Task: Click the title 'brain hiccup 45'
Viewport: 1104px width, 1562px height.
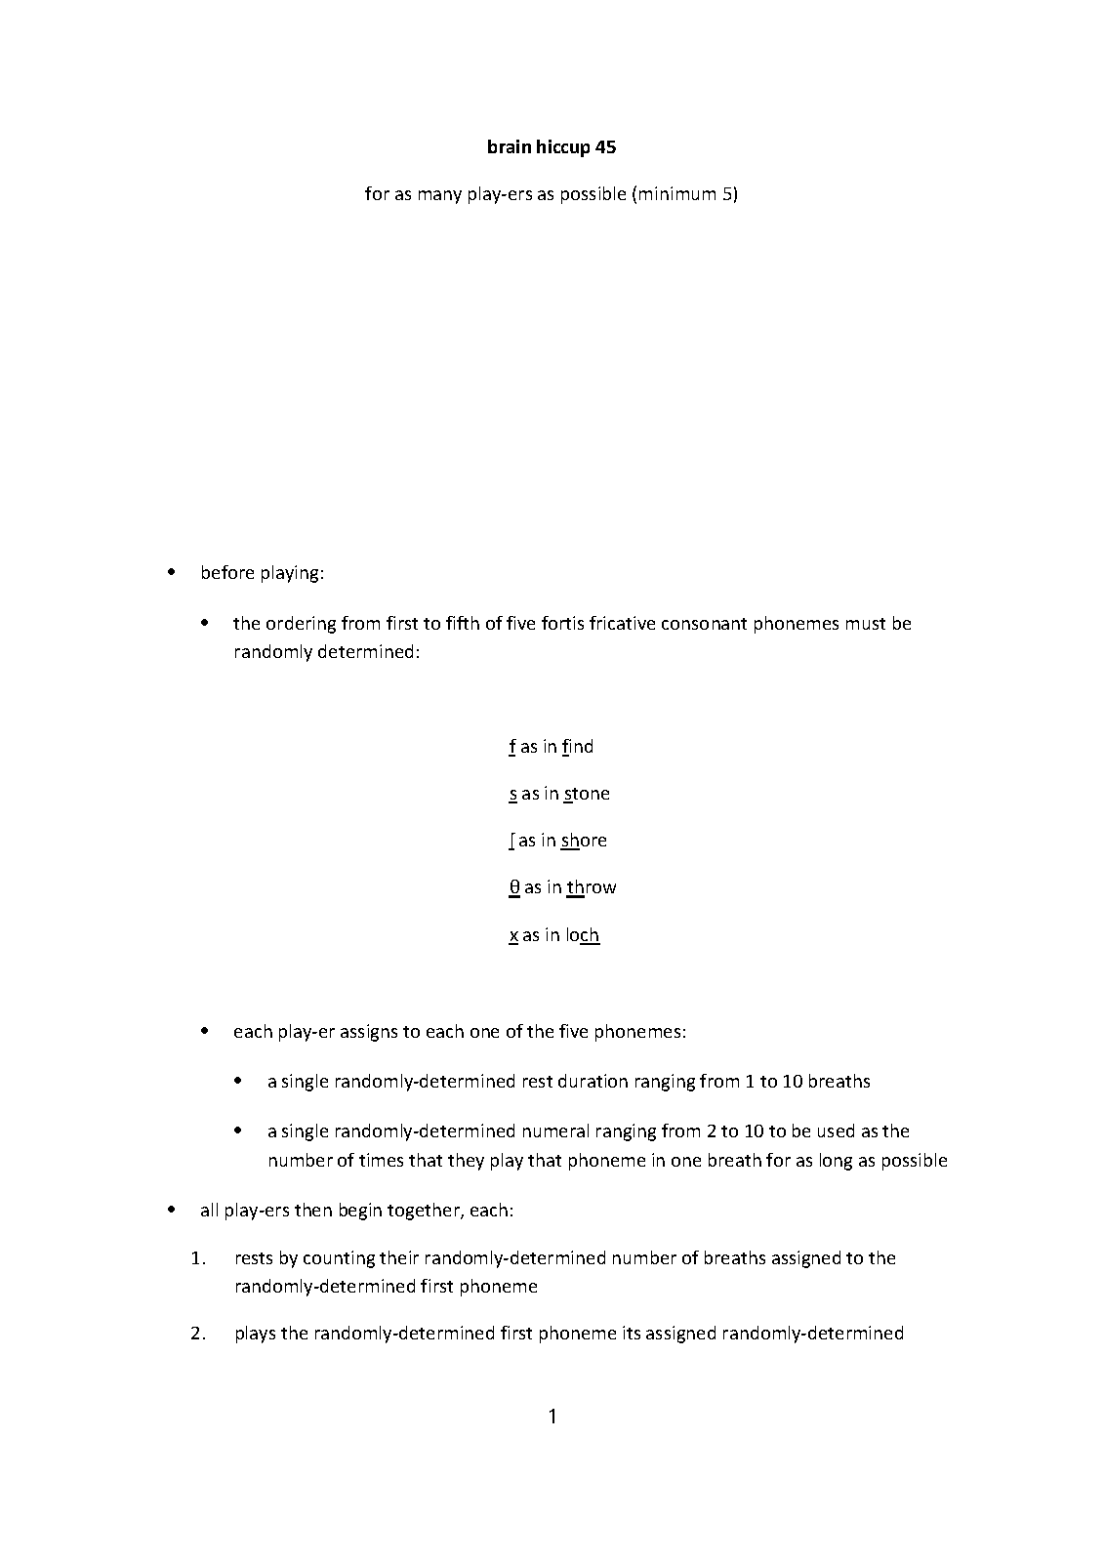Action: [x=552, y=147]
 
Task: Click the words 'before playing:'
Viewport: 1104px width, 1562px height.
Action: [x=262, y=573]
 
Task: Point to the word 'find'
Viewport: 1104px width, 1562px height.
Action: [x=578, y=747]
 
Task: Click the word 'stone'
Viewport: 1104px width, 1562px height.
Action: [x=586, y=794]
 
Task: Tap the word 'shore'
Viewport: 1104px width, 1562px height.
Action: [x=584, y=841]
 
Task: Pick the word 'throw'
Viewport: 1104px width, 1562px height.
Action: [x=592, y=887]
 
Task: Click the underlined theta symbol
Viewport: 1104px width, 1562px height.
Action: [x=514, y=887]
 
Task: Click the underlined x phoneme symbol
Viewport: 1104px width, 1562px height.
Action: [x=513, y=935]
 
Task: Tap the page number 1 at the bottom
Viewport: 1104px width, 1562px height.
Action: [x=552, y=1417]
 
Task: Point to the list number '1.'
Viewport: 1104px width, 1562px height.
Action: [x=198, y=1257]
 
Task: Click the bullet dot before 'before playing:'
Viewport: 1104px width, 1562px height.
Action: [x=173, y=572]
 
